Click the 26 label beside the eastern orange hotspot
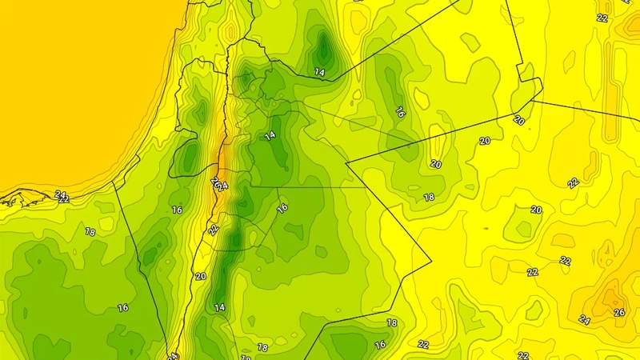pos(618,312)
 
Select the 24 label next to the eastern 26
pos(585,321)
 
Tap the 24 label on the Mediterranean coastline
pos(61,194)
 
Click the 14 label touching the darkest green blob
pos(320,73)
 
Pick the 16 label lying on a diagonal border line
pos(282,208)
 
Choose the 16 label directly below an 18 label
pos(381,345)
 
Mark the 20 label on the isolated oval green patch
pos(536,210)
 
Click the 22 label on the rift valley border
pos(214,230)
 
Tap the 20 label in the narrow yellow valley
pos(200,276)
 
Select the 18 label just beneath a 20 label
pos(429,197)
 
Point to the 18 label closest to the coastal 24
pos(90,232)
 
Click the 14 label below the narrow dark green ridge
pos(219,307)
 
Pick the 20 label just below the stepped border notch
pos(519,120)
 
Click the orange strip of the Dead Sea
pos(222,168)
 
